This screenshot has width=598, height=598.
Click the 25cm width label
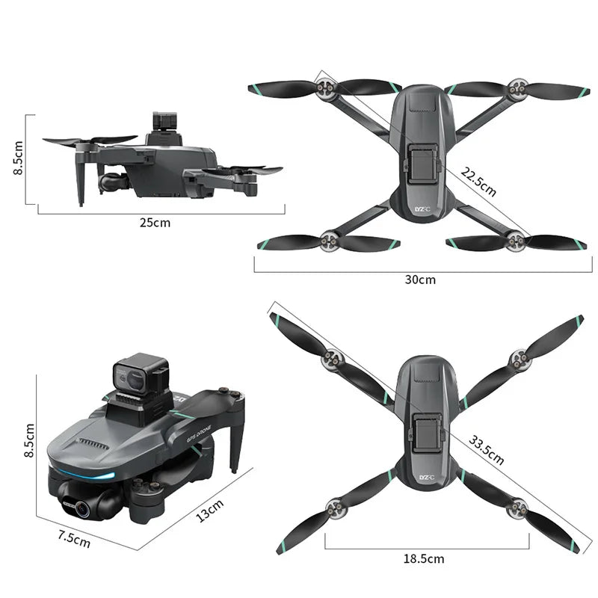[x=155, y=222]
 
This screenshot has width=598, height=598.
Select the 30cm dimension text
[x=420, y=280]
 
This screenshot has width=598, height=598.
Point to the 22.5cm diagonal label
[x=478, y=182]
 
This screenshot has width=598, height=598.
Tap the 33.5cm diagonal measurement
[x=487, y=449]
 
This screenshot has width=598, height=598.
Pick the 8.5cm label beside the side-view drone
[x=19, y=158]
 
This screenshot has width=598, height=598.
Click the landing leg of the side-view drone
[x=81, y=183]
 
